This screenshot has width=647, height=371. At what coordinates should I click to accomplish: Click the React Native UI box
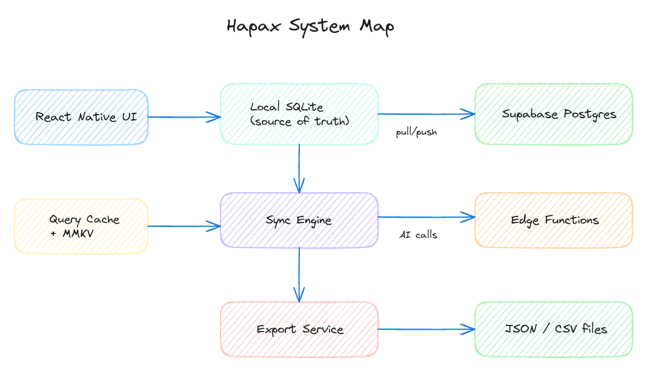coord(81,117)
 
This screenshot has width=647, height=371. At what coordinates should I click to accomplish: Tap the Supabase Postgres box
coord(553,114)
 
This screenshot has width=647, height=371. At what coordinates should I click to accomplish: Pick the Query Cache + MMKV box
coord(81,226)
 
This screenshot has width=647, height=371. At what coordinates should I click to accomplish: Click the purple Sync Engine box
coord(299,220)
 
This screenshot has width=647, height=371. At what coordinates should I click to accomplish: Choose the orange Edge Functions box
coord(553,220)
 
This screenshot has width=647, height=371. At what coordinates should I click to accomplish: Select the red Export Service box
coord(299,329)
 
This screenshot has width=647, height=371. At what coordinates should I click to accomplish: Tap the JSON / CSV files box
coord(553,329)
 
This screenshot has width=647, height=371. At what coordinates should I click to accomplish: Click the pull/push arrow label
coord(416,132)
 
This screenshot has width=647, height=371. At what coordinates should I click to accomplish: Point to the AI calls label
coord(418,235)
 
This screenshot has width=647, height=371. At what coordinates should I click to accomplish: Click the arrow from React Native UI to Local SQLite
coord(184,117)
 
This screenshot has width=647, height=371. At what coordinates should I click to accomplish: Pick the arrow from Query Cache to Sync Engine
coord(184,226)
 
